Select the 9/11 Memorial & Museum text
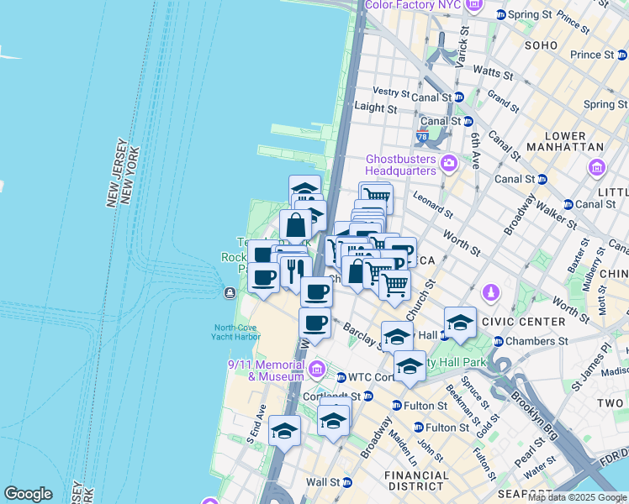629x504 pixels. [267, 370]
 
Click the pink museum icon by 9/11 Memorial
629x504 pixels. [317, 368]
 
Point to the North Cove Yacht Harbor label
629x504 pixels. [236, 332]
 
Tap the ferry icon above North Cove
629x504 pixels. [230, 292]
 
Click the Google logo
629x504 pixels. [28, 494]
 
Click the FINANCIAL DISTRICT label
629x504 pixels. [415, 480]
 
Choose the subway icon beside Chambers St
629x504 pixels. [499, 341]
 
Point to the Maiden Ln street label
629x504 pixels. [403, 452]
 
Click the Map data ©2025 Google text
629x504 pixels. [578, 497]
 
